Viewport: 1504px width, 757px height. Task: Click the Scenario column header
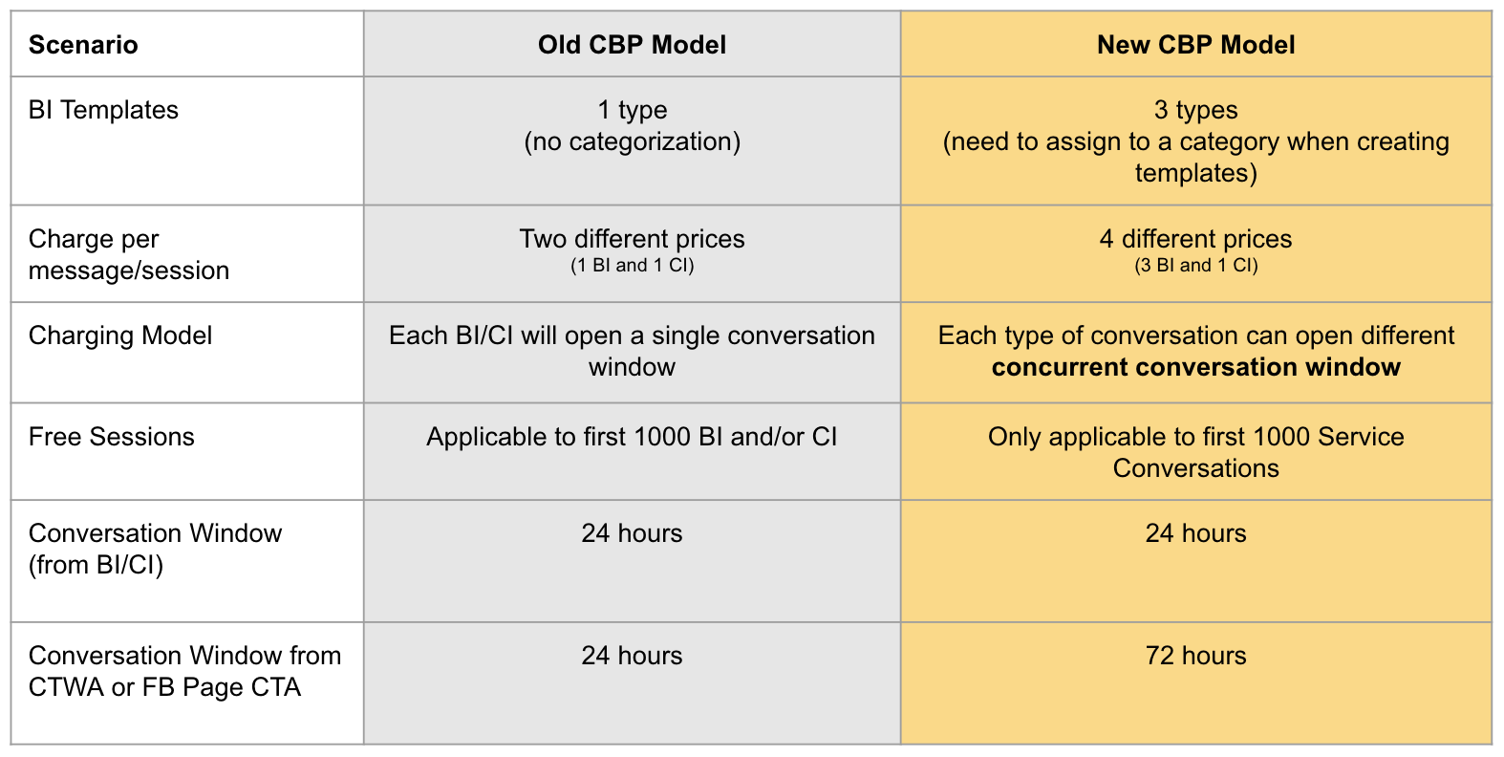(83, 45)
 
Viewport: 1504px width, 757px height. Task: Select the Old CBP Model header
(632, 45)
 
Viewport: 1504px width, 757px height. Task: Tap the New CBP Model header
(1195, 45)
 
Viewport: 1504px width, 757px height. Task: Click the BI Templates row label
(103, 110)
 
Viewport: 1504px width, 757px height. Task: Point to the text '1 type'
(632, 110)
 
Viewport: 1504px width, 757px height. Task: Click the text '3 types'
(1195, 110)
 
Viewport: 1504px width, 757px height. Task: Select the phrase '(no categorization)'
(632, 141)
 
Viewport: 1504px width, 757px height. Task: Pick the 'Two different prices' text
(632, 239)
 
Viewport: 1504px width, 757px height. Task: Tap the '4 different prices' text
(1195, 239)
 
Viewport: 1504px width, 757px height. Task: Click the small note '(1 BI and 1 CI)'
(632, 266)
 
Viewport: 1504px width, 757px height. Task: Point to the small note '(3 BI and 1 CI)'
(1195, 266)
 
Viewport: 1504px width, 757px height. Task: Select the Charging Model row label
(120, 335)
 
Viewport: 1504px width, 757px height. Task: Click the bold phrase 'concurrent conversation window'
(1195, 367)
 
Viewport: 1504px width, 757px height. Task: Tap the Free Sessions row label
(112, 437)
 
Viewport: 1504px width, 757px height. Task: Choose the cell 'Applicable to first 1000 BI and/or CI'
(632, 437)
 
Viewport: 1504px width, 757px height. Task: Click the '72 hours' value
(1195, 656)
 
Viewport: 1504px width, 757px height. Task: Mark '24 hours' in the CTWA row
(632, 656)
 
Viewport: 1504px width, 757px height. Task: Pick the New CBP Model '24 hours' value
(1195, 533)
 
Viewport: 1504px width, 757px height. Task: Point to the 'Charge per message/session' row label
(129, 254)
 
